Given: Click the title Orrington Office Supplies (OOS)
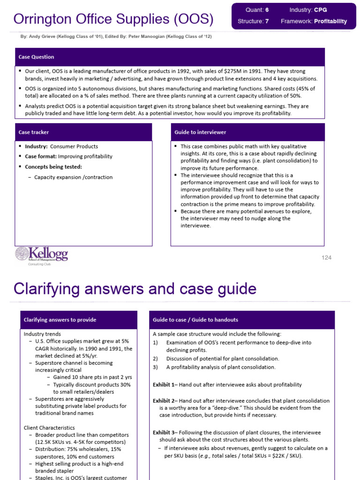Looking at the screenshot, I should pos(113,19).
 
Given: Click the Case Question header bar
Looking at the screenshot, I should pos(169,57).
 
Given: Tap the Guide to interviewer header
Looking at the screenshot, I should pos(247,132).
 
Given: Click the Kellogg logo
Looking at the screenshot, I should pos(42,255).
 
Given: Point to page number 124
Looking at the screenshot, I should pos(326,258).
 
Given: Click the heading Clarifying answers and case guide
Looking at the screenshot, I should pos(135,289).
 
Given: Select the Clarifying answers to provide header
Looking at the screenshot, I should pos(78,320).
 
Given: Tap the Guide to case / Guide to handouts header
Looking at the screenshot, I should pos(241,320).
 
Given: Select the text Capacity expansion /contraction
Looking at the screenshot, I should pos(73,177).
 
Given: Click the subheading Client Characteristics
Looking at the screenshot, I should pos(49,427).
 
